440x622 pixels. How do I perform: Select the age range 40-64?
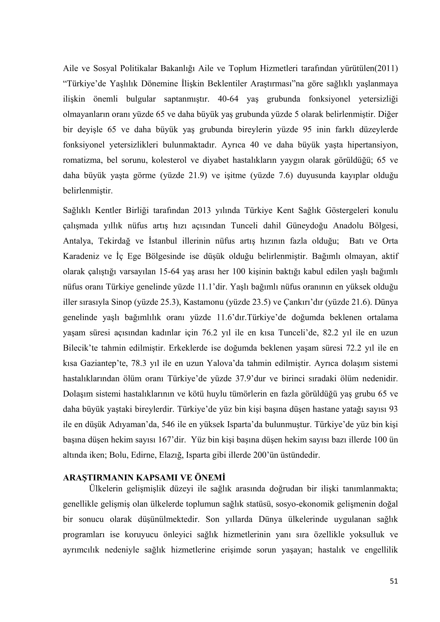click(228, 99)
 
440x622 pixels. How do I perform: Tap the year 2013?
click(202, 211)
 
